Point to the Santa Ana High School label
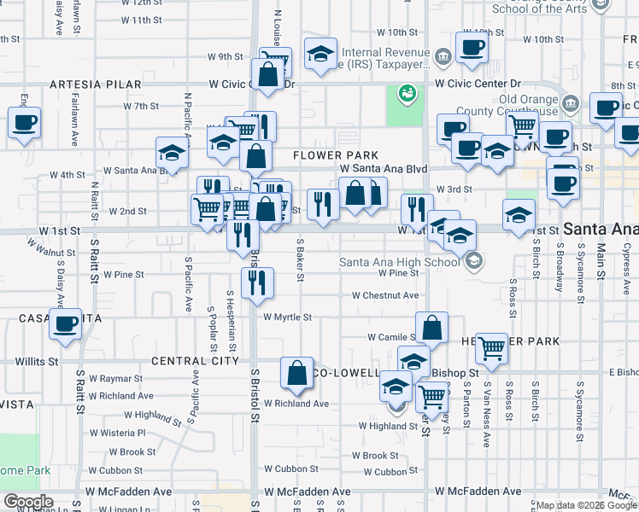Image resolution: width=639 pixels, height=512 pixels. pyautogui.click(x=402, y=262)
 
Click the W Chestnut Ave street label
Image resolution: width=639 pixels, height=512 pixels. pyautogui.click(x=385, y=295)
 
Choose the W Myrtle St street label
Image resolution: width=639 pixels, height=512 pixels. pyautogui.click(x=287, y=317)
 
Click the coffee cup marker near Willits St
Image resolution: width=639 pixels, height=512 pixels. pyautogui.click(x=65, y=325)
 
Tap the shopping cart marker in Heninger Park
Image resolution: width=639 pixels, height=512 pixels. pyautogui.click(x=490, y=347)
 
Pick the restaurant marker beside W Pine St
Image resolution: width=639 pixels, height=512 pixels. pyautogui.click(x=257, y=282)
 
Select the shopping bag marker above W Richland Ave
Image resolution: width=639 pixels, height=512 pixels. pyautogui.click(x=296, y=373)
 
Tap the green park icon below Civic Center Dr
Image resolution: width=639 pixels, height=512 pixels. pyautogui.click(x=407, y=92)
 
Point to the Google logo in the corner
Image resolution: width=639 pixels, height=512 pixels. pyautogui.click(x=28, y=502)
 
